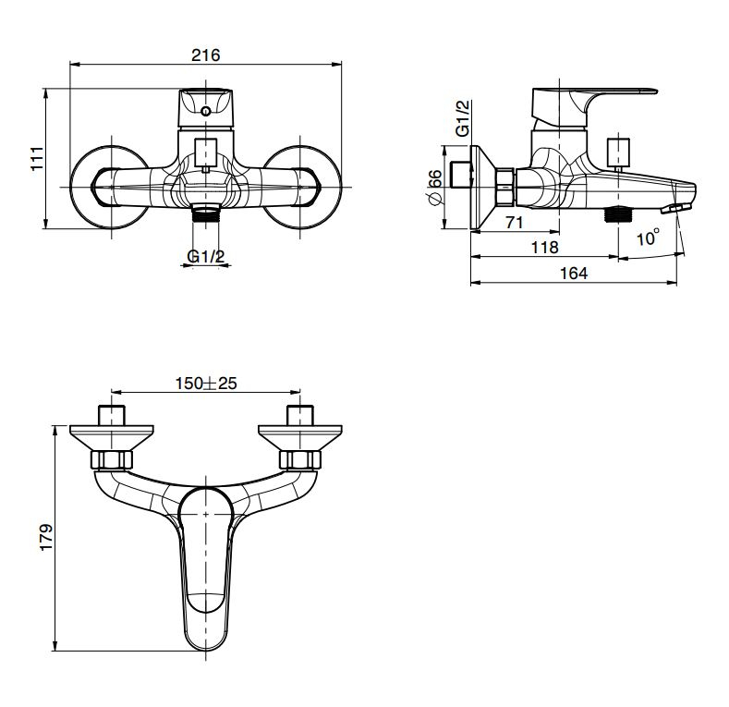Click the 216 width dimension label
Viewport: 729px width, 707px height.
205,55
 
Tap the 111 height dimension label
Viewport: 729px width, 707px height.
37,159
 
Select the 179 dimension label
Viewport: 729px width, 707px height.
46,537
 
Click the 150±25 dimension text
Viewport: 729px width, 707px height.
206,384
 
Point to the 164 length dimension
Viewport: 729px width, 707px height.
574,273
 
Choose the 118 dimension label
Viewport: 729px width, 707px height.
544,247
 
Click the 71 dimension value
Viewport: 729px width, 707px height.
515,223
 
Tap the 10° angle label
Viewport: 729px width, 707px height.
648,238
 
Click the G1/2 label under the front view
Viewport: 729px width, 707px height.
205,256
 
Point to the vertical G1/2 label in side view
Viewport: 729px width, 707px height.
463,118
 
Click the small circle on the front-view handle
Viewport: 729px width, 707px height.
205,111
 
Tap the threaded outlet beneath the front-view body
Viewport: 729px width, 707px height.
205,213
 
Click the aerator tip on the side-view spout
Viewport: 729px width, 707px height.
675,208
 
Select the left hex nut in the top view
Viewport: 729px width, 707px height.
111,459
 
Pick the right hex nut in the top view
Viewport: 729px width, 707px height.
300,459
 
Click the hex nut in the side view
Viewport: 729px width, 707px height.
505,187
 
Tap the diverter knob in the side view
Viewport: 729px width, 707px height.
618,154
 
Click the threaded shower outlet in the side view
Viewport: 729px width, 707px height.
617,213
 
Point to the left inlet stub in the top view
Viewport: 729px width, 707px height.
112,415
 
